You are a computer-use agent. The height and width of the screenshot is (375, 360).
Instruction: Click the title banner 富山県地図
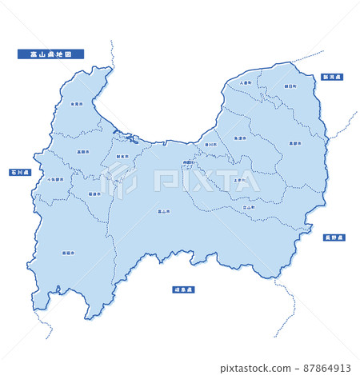(x=50, y=54)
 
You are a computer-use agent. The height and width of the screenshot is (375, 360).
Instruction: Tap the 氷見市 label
(x=76, y=104)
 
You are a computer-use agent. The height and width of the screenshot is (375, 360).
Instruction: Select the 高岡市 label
(x=82, y=151)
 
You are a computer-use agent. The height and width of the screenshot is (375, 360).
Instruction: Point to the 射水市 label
(x=122, y=157)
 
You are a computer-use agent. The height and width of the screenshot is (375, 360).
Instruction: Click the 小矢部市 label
(x=55, y=180)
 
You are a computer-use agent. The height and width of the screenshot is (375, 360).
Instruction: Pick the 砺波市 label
(x=94, y=193)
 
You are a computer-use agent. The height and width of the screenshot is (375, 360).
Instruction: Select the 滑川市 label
(x=210, y=145)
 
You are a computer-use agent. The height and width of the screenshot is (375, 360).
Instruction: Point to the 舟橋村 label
(x=189, y=163)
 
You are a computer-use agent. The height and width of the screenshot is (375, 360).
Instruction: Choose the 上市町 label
(x=239, y=180)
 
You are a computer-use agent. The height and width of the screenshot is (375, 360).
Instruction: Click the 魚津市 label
(x=240, y=138)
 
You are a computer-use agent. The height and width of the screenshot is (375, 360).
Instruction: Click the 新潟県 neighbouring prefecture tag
(x=331, y=77)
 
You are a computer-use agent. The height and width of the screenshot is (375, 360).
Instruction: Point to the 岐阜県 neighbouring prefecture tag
(x=183, y=289)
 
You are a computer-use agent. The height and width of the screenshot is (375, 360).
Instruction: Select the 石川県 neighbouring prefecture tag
(x=19, y=173)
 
